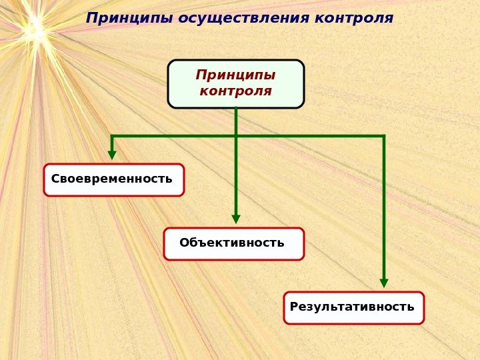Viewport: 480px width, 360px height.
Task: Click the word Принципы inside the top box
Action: click(235, 74)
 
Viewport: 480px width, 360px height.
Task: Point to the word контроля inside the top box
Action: click(235, 91)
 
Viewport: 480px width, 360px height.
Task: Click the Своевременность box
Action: click(114, 180)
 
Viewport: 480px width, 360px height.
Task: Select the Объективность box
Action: click(234, 244)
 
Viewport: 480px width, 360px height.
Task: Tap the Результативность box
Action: click(354, 308)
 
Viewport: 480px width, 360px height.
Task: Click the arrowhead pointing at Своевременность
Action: click(112, 155)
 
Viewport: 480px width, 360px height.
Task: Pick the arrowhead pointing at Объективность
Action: click(236, 219)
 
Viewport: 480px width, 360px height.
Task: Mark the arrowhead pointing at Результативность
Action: click(384, 283)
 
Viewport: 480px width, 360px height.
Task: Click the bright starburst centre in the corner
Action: click(33, 30)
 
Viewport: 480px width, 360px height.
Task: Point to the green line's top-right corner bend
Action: click(384, 137)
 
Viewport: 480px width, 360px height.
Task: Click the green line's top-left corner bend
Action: click(112, 137)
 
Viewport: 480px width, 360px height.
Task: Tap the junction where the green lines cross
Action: click(236, 137)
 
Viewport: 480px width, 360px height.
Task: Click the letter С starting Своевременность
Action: click(55, 179)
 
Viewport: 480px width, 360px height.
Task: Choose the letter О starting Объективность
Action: click(184, 243)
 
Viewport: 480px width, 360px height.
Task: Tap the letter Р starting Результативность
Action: click(294, 307)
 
